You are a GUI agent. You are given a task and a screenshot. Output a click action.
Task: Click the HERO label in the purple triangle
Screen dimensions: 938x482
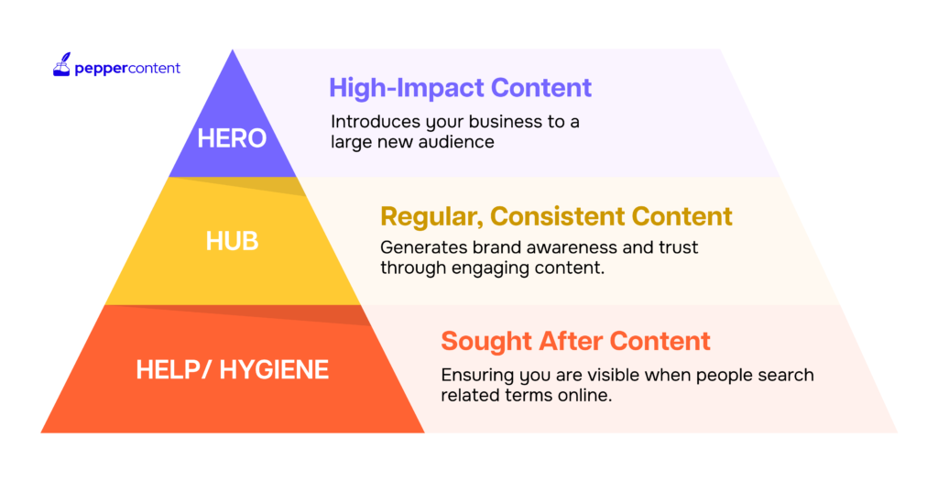[232, 138]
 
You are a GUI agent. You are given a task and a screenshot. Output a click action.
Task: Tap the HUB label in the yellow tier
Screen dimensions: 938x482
[232, 241]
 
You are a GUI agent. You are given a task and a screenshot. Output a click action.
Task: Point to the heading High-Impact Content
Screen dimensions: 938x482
[460, 87]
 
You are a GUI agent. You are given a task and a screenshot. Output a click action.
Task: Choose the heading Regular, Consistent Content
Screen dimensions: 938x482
[556, 216]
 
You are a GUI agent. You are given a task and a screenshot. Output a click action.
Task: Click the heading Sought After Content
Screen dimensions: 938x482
[575, 341]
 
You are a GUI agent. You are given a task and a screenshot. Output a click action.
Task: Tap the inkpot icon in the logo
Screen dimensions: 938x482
[61, 65]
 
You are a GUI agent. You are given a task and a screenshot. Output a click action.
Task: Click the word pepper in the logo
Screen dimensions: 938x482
[101, 69]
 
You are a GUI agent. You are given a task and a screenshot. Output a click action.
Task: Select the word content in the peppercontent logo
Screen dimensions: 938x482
[154, 68]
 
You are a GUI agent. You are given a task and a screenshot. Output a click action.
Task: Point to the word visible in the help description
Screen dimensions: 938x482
[592, 375]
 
